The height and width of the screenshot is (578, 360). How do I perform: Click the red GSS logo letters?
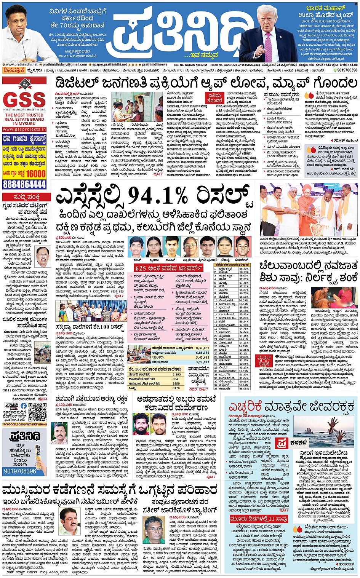[x=24, y=100]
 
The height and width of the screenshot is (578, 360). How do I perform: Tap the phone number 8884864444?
[x=24, y=184]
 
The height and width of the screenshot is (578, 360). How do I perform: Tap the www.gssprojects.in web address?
[x=24, y=129]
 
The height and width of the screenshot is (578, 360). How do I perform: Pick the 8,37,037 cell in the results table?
[x=202, y=348]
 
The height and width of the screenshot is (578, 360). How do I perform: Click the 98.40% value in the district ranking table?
[x=243, y=269]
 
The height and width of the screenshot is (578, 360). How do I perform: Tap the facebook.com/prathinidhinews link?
[x=24, y=424]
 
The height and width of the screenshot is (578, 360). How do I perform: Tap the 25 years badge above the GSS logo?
[x=25, y=83]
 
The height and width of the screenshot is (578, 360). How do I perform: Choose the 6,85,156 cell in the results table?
[x=202, y=353]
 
